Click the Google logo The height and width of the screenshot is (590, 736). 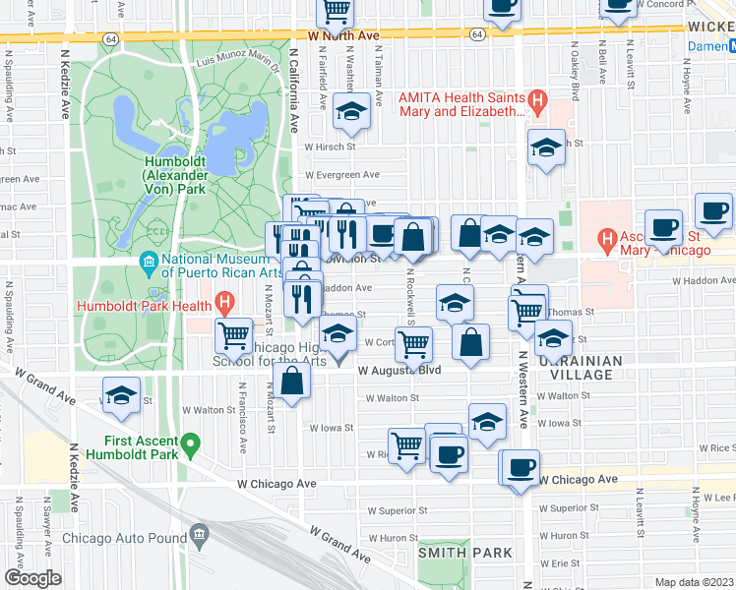pos(32,578)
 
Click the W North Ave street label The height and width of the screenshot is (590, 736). pos(343,35)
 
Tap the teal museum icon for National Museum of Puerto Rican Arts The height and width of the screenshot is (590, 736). pos(149,261)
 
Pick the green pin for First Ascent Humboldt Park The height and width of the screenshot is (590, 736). pos(192,445)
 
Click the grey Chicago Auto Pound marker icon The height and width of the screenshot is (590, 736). pos(200,537)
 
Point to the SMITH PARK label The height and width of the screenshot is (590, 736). pos(465,553)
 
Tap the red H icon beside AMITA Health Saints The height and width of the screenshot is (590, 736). pos(537,99)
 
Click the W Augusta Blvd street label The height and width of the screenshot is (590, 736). pos(398,372)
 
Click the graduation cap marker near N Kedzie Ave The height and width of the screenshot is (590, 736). pos(121,396)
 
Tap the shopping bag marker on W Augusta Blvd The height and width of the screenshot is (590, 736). pos(292,383)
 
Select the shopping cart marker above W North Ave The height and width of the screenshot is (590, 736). pos(336,11)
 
